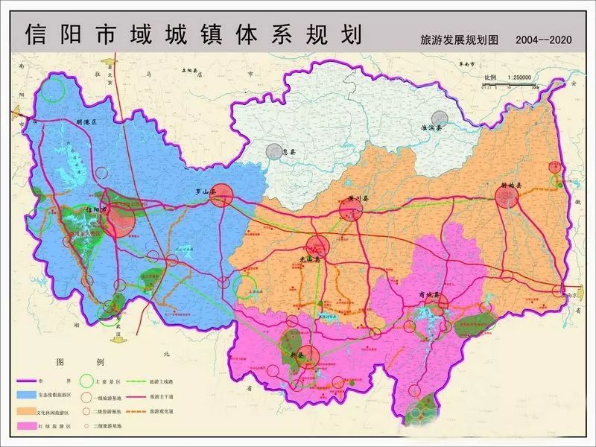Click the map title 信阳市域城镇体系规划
(x=193, y=34)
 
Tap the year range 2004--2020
(x=543, y=40)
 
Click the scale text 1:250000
(x=518, y=78)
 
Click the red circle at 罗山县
(x=222, y=196)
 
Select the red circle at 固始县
(x=507, y=197)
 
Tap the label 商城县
(x=428, y=296)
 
